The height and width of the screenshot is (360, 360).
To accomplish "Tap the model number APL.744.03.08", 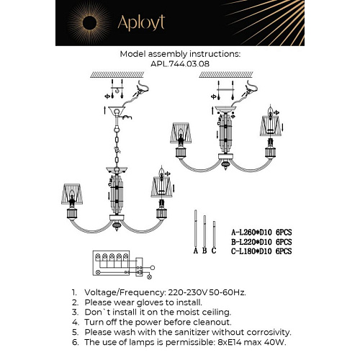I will pyautogui.click(x=180, y=63).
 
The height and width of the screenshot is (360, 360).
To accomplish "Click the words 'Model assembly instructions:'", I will pyautogui.click(x=180, y=53).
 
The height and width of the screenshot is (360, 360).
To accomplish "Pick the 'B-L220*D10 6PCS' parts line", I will pyautogui.click(x=261, y=243).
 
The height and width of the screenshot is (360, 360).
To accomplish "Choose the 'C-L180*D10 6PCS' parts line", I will pyautogui.click(x=261, y=251).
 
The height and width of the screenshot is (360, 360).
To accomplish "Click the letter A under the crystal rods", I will pyautogui.click(x=195, y=251).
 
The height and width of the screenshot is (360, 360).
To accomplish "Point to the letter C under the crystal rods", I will pyautogui.click(x=213, y=251).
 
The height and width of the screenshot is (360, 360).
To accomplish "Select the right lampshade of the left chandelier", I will pyautogui.click(x=162, y=189).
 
